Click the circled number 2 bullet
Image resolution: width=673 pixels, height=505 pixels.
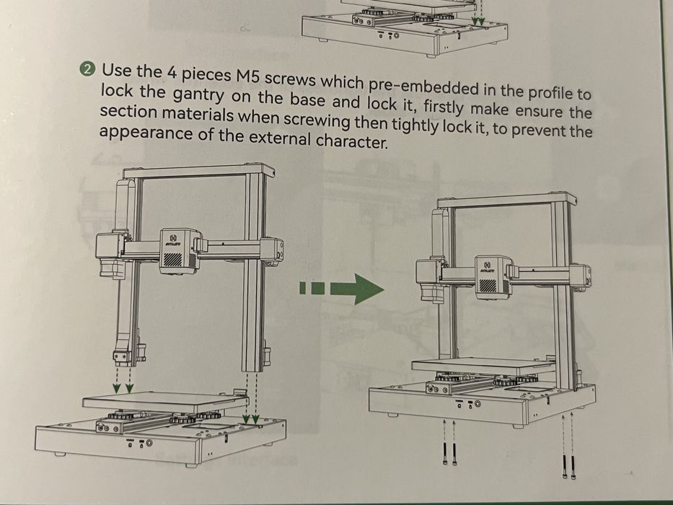87,69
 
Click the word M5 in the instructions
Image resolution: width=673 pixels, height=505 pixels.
247,76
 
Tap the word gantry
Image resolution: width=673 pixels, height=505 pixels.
198,96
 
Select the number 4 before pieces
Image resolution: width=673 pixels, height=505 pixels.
172,74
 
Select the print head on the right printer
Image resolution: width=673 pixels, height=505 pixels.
493,277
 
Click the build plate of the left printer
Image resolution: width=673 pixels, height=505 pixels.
166,403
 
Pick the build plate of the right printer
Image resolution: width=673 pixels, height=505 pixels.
483,366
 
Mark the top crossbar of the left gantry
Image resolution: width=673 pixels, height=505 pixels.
198,170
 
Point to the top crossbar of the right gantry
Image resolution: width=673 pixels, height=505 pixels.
507,200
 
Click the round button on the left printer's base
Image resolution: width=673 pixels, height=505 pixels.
149,442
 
